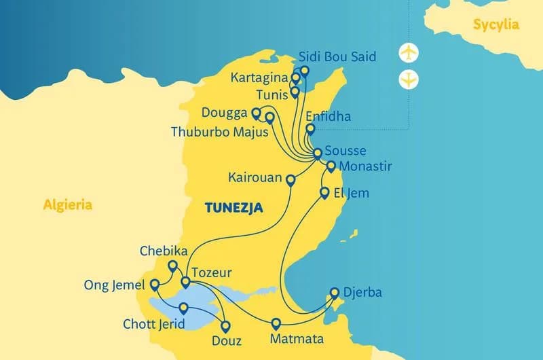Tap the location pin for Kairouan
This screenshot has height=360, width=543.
(291, 180)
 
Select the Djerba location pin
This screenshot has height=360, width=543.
(335, 293)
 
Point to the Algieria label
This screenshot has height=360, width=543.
(67, 204)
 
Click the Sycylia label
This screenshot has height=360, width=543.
(496, 25)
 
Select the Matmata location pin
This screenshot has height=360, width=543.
(276, 323)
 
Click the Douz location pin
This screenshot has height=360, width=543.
(226, 325)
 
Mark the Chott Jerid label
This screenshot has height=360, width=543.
(153, 324)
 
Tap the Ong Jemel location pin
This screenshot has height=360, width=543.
(155, 284)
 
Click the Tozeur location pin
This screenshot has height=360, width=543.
(185, 281)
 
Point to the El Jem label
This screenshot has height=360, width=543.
(352, 193)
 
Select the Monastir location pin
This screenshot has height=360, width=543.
(331, 165)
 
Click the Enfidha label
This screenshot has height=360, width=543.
(329, 116)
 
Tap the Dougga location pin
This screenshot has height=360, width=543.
(256, 113)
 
